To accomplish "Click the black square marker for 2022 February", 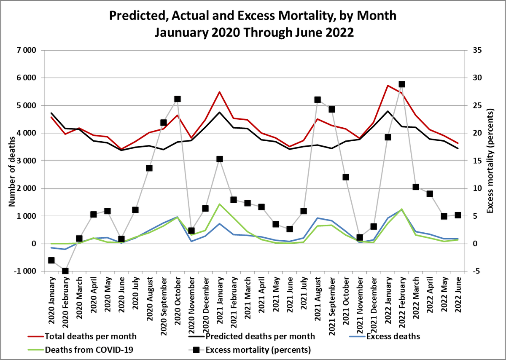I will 402,84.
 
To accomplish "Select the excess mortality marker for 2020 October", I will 178,99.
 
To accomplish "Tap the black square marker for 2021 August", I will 318,100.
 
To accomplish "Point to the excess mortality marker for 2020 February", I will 65,271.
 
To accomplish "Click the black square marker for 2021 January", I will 220,159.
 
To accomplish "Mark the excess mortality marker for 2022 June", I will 458,215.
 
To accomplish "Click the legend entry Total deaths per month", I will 90,336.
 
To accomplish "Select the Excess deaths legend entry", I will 392,336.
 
